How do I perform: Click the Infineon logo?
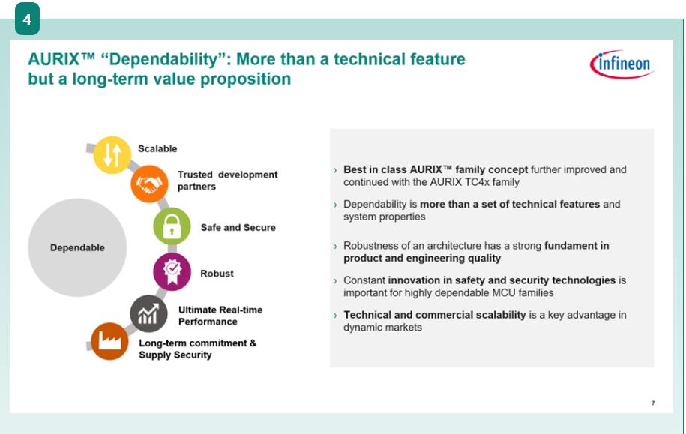point(622,64)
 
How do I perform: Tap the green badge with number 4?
point(27,19)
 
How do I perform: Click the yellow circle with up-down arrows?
point(112,155)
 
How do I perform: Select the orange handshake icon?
point(149,184)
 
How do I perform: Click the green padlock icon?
point(172,226)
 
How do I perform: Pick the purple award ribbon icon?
point(172,271)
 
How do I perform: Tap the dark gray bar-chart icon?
point(148,313)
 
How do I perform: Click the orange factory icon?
point(109,341)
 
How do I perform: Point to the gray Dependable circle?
point(77,247)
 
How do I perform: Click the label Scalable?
point(157,148)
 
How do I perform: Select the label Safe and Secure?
point(238,228)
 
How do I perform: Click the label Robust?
point(217,274)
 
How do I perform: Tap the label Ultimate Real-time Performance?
point(220,316)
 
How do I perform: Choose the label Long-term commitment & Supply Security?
point(198,349)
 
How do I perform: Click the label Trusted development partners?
point(227,180)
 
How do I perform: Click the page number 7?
point(653,403)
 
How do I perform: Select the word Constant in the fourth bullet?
point(364,280)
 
